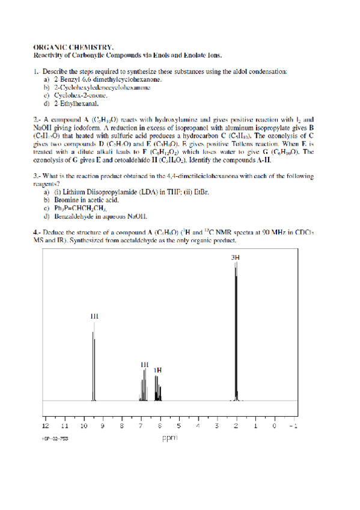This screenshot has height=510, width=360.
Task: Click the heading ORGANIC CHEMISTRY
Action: tap(73, 46)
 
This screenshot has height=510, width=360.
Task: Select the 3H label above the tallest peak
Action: tap(236, 258)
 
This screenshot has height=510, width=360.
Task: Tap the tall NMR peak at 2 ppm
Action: tap(236, 331)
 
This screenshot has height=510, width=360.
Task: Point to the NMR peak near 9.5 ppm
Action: tap(94, 361)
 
